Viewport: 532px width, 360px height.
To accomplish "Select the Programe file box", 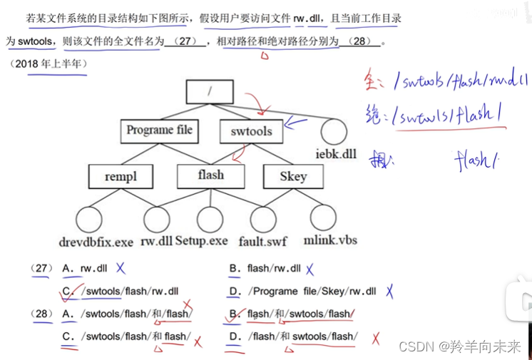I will click(x=159, y=130).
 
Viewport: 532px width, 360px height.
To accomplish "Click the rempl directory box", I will click(x=120, y=175).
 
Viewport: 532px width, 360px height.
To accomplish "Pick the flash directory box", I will click(x=210, y=175).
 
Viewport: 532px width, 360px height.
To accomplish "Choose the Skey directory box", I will click(x=292, y=176).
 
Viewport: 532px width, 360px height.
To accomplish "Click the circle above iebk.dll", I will click(x=334, y=132).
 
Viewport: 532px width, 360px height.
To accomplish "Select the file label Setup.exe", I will click(x=202, y=241).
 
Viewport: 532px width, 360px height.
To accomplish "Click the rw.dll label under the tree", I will click(x=156, y=241).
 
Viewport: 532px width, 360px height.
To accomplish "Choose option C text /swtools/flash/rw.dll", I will click(x=130, y=291).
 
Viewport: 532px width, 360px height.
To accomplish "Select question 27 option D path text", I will click(x=312, y=291).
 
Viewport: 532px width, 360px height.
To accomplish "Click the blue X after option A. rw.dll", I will click(x=121, y=269).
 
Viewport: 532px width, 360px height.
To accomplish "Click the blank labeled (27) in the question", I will click(x=187, y=41).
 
